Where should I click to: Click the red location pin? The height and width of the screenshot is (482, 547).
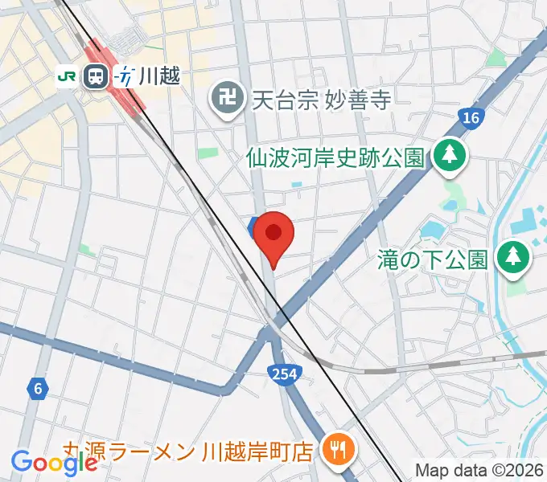[273, 235]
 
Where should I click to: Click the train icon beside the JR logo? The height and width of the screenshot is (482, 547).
[97, 76]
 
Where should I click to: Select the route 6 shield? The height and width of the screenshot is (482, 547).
[36, 389]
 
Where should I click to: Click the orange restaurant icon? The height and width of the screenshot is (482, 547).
[334, 448]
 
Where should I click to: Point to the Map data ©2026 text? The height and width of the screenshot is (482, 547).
[480, 470]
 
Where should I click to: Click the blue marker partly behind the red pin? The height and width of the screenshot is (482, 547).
[253, 226]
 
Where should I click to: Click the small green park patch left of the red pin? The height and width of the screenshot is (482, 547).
[208, 152]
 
